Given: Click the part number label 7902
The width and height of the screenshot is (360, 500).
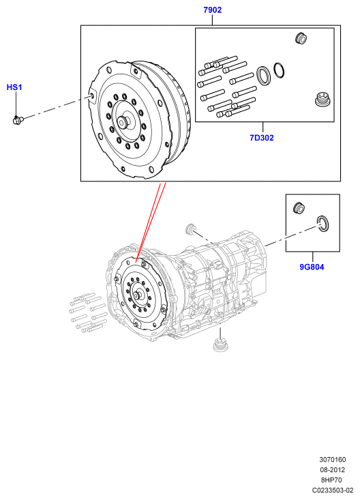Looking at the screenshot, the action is [212, 10].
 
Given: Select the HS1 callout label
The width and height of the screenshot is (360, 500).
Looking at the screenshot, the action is [14, 87].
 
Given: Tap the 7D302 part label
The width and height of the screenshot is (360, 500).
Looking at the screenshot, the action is [261, 138].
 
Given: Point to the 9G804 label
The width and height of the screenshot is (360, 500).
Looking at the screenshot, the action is [312, 267].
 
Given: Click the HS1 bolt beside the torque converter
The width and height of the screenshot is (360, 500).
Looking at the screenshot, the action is [18, 120].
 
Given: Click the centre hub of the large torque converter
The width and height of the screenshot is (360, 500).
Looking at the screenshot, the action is [123, 122].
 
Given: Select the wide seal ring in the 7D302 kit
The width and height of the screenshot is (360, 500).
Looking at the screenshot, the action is [264, 76].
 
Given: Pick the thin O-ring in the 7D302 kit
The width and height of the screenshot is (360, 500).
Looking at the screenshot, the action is [279, 70].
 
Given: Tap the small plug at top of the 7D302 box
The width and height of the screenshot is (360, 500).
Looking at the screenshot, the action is [301, 38].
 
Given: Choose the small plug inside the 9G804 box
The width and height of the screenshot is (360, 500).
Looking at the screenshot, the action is [299, 207].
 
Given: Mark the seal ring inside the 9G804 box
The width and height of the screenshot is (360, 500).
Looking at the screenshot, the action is [322, 223].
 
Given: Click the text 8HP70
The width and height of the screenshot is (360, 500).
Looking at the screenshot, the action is [331, 480].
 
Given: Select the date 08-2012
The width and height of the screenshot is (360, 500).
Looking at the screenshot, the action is [332, 470].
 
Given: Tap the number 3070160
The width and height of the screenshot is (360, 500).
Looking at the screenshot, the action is [333, 460].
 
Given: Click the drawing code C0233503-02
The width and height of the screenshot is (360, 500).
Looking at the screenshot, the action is [333, 490].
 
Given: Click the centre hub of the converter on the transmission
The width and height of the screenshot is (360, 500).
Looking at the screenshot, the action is [138, 295].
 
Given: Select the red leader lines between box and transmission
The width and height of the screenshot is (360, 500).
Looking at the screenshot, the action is [151, 222].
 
